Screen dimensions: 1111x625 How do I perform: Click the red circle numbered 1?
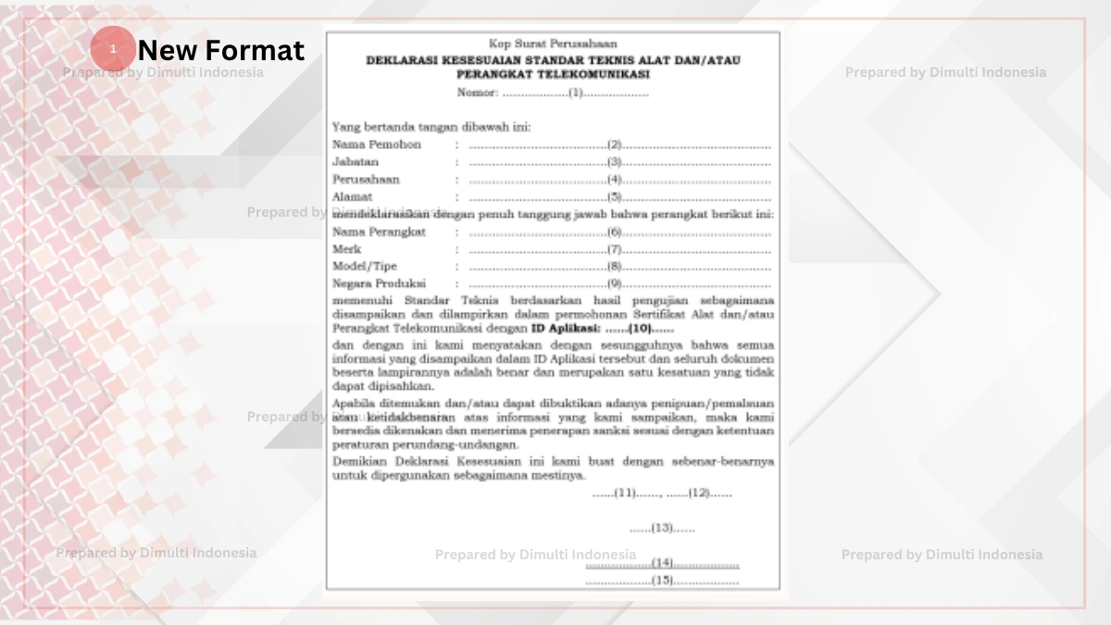click(113, 49)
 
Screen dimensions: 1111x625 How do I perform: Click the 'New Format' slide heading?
click(220, 49)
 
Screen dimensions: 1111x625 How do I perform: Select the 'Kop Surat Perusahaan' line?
click(553, 44)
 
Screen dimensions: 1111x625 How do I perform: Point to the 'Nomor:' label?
click(478, 93)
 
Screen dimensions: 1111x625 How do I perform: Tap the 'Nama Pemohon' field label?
click(376, 144)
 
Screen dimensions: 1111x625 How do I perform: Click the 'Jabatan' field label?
click(356, 162)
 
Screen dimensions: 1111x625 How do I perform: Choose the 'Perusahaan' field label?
click(366, 180)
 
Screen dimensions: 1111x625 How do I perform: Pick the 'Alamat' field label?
click(352, 196)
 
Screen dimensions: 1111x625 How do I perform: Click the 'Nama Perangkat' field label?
click(379, 231)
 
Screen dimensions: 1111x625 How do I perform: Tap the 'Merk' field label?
click(347, 249)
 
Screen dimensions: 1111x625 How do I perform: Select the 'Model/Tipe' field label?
click(365, 267)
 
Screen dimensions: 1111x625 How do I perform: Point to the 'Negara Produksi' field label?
click(379, 284)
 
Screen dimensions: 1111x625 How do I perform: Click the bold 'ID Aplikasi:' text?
click(566, 328)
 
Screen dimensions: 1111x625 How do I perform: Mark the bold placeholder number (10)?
click(640, 328)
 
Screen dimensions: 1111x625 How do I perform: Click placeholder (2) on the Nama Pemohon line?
click(614, 144)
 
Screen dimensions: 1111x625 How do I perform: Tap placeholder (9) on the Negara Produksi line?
click(614, 284)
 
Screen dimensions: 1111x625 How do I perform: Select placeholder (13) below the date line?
click(662, 528)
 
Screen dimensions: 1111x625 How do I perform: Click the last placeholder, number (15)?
click(662, 581)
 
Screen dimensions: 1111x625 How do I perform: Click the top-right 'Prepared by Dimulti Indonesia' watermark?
click(945, 72)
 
